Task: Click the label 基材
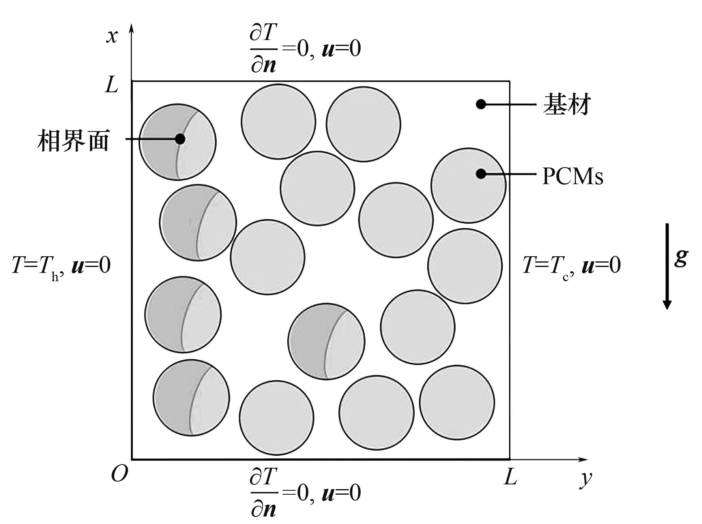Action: click(567, 105)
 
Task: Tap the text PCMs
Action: click(572, 176)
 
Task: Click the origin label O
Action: click(119, 474)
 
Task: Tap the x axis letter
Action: click(112, 36)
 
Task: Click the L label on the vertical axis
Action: click(112, 85)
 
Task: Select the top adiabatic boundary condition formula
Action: click(305, 48)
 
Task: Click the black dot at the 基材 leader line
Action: click(481, 104)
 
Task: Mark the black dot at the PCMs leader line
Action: click(481, 173)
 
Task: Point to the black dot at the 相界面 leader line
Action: click(180, 139)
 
